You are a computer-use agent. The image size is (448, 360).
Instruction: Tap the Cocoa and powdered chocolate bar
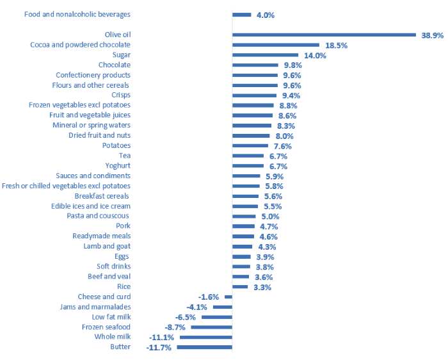point(276,45)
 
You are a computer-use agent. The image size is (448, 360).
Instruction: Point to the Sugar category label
point(122,55)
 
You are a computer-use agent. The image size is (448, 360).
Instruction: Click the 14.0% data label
point(315,56)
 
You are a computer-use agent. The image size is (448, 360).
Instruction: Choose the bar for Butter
point(204,347)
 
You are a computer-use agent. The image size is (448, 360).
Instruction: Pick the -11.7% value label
point(159,348)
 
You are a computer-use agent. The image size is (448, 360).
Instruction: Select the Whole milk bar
point(206,337)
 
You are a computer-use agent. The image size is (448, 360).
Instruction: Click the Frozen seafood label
point(106,327)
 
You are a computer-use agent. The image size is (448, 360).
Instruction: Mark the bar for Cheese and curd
point(228,297)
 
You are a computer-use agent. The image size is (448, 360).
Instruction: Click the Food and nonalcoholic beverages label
point(77,14)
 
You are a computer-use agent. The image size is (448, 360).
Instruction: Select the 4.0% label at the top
point(265,15)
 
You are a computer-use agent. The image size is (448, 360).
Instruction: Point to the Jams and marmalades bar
point(223,307)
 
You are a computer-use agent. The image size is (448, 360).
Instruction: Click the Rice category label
point(124,287)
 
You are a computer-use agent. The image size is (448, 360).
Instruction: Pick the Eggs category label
point(122,256)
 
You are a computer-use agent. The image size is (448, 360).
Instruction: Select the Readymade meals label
point(102,236)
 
